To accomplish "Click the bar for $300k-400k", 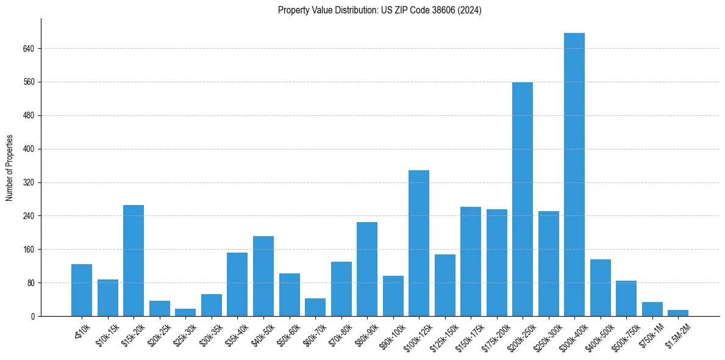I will tap(574, 175).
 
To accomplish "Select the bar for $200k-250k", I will tap(522, 199).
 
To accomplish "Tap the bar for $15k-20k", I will tap(134, 261).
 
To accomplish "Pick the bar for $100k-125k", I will tap(418, 243).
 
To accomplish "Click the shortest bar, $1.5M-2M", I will tap(677, 313).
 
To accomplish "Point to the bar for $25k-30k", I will tap(185, 312).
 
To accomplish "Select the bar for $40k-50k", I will tap(263, 276).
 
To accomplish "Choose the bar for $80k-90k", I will tap(366, 269).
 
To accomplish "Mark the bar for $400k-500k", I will tap(600, 287).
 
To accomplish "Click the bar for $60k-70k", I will tap(315, 307).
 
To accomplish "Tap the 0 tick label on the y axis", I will tap(33, 317).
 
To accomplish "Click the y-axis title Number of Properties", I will tap(9, 168).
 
